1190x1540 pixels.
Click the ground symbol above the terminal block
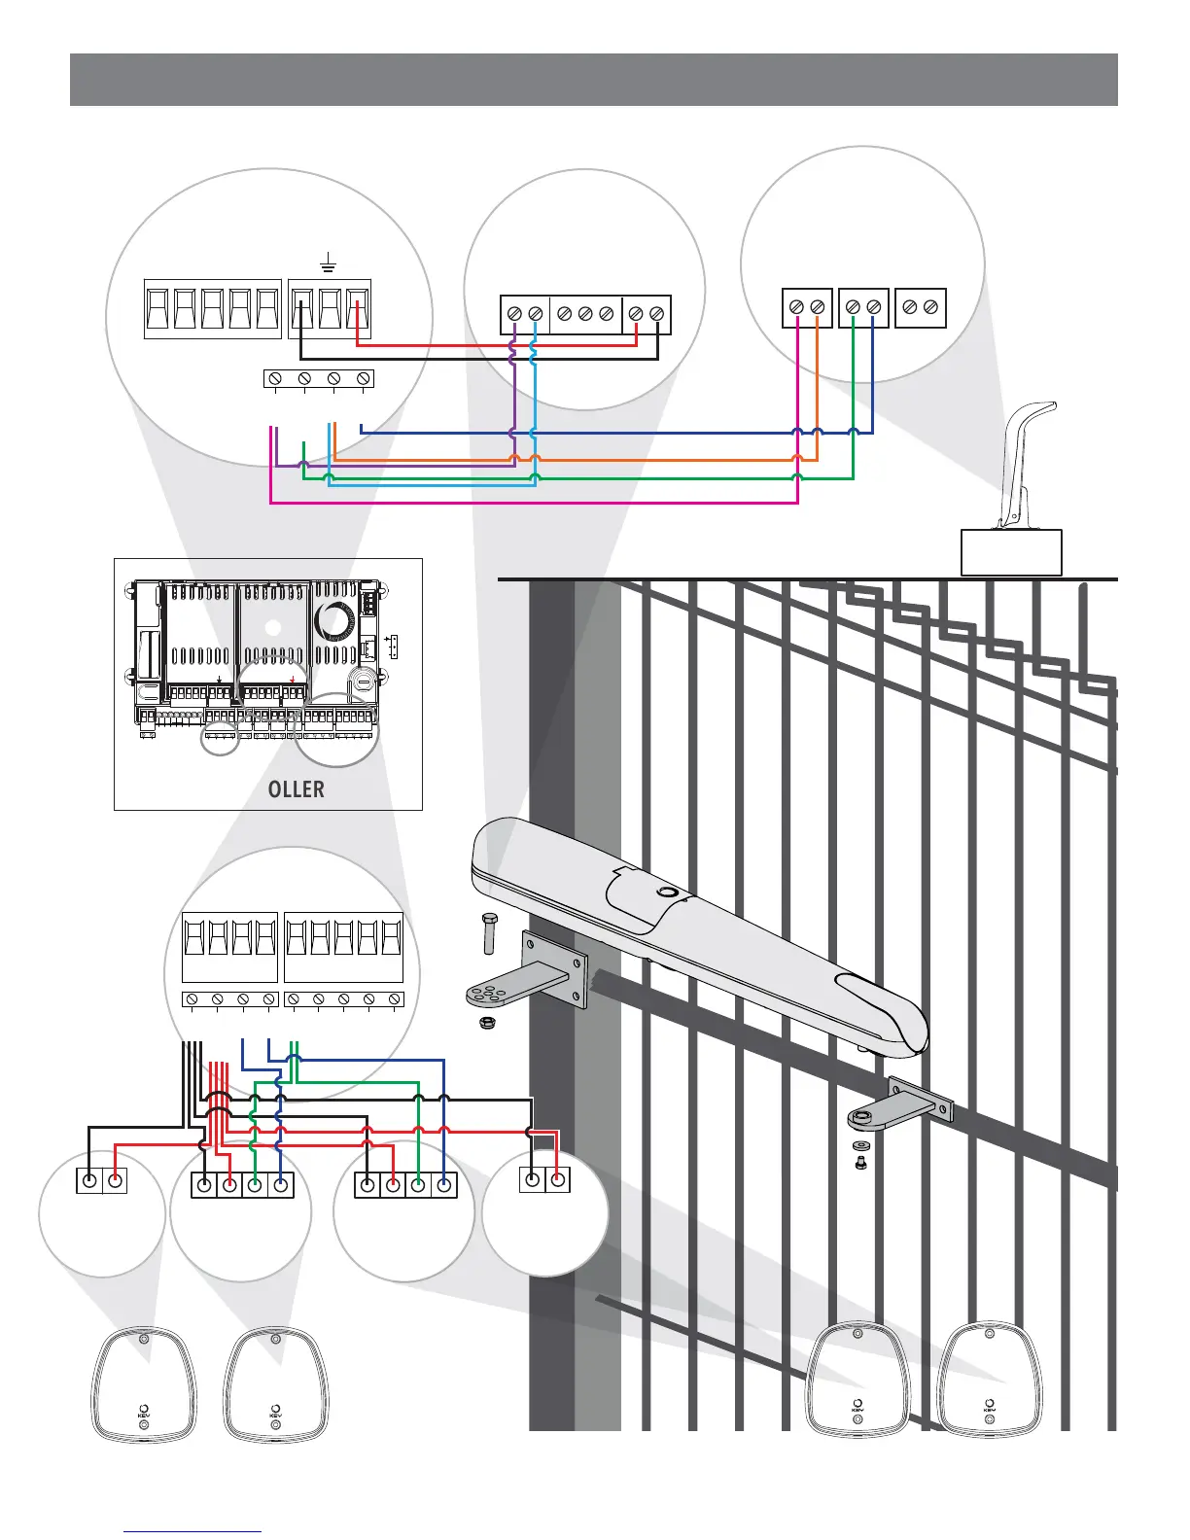[x=329, y=262]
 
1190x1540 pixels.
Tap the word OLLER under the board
[x=296, y=788]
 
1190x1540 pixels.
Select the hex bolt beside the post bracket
[x=490, y=934]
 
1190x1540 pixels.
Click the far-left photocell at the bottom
[x=144, y=1383]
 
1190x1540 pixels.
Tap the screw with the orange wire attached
[x=818, y=307]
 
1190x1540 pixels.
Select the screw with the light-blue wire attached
[x=534, y=314]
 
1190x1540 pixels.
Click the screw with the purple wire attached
[x=513, y=314]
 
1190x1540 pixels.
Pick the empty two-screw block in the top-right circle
[x=920, y=307]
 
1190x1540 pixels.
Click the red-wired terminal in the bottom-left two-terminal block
[x=115, y=1180]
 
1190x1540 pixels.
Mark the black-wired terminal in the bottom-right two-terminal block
[x=532, y=1180]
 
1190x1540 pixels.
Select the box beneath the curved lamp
[x=1011, y=552]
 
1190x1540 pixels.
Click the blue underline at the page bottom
[x=192, y=1532]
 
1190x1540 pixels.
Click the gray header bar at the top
[x=593, y=80]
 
